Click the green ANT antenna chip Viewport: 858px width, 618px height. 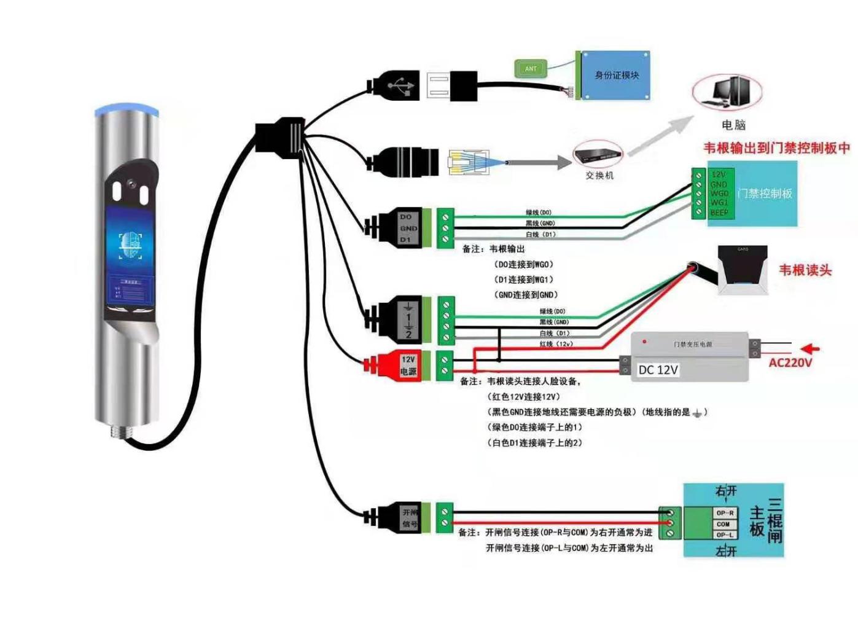click(x=530, y=69)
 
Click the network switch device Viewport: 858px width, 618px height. click(x=597, y=155)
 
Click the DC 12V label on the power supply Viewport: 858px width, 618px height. click(x=658, y=370)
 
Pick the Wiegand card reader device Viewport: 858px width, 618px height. click(x=743, y=270)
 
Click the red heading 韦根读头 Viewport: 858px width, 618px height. click(x=805, y=270)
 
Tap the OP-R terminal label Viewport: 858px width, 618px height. click(x=725, y=513)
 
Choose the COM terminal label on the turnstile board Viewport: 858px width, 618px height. click(x=723, y=524)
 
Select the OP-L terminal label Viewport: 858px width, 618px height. click(x=725, y=535)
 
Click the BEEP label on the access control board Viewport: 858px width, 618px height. click(x=719, y=213)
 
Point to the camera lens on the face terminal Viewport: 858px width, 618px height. click(x=131, y=184)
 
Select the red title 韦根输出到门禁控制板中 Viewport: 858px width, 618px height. click(x=776, y=148)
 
